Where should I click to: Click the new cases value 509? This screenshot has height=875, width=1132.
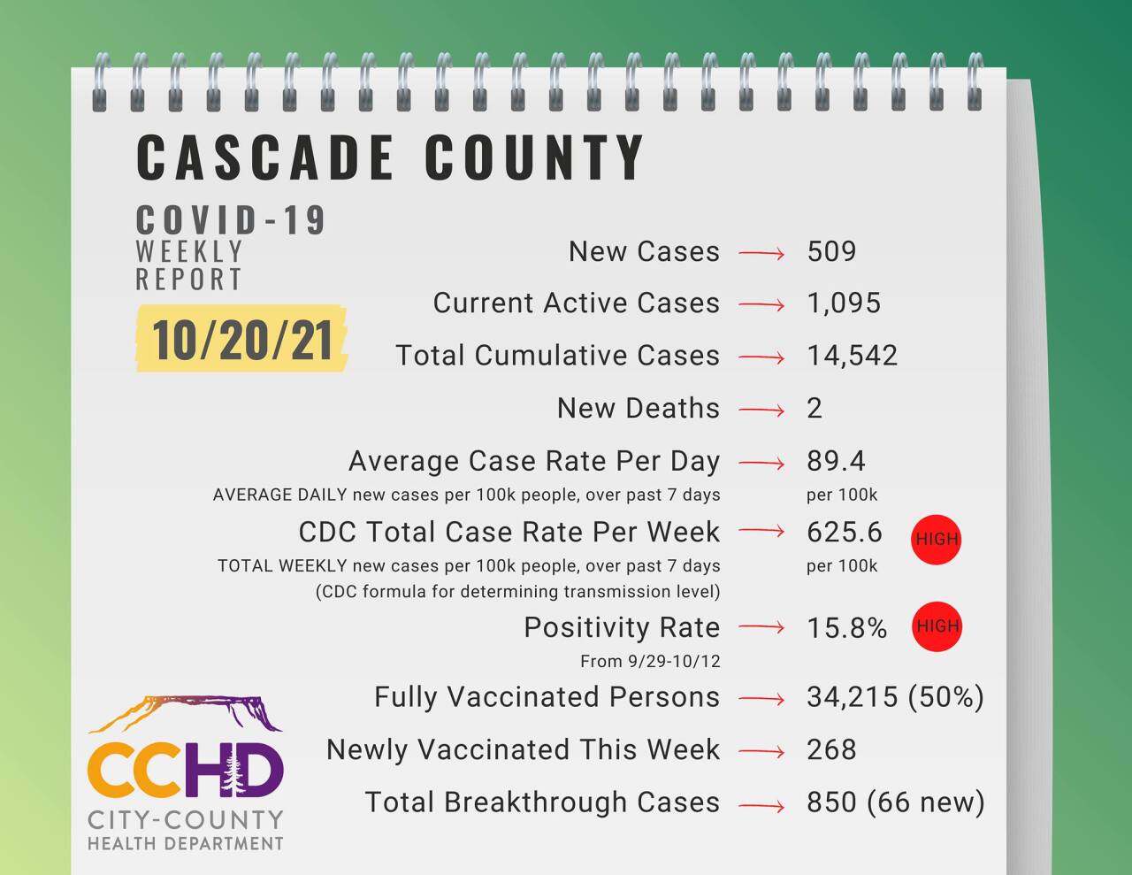(x=831, y=251)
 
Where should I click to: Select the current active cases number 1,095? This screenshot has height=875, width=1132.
(x=844, y=303)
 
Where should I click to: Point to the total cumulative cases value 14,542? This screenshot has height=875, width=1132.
(x=852, y=356)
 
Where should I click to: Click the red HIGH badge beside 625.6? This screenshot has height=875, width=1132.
(x=937, y=539)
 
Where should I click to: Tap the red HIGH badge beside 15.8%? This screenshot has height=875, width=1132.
(x=937, y=626)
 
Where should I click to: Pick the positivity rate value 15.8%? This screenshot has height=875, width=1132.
(x=846, y=627)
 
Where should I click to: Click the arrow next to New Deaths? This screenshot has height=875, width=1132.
(x=761, y=410)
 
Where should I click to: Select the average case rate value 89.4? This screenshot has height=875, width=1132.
(x=836, y=461)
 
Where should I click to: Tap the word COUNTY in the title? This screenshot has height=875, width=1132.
(x=534, y=158)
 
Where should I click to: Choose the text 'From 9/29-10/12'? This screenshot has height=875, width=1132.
(x=650, y=661)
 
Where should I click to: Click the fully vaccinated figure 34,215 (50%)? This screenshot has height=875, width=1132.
(x=895, y=697)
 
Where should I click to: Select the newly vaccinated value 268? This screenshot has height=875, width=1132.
(x=831, y=749)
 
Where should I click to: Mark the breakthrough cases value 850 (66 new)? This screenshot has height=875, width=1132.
(x=895, y=802)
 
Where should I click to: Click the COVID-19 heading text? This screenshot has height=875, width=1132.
(x=232, y=220)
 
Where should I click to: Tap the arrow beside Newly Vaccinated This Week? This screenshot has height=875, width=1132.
(x=761, y=752)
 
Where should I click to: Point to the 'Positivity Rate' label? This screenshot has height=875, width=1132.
(x=622, y=627)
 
